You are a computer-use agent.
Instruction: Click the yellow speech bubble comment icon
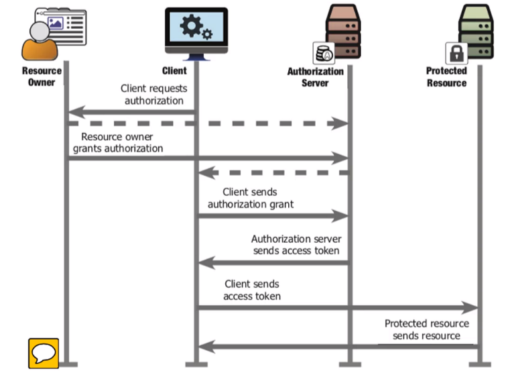pyautogui.click(x=43, y=353)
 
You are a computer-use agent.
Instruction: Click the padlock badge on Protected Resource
pyautogui.click(x=456, y=53)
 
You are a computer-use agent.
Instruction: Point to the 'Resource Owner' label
pyautogui.click(x=42, y=76)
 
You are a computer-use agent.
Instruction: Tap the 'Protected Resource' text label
pyautogui.click(x=446, y=76)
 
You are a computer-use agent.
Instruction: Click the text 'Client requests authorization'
pyautogui.click(x=153, y=94)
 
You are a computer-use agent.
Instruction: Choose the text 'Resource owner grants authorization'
pyautogui.click(x=117, y=142)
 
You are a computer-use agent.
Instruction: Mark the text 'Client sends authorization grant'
pyautogui.click(x=250, y=198)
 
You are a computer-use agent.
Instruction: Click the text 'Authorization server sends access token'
pyautogui.click(x=296, y=245)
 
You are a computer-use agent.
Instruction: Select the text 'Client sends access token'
pyautogui.click(x=252, y=290)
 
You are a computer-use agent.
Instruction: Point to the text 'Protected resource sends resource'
pyautogui.click(x=426, y=329)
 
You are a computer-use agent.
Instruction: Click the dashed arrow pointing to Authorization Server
pyautogui.click(x=208, y=123)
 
